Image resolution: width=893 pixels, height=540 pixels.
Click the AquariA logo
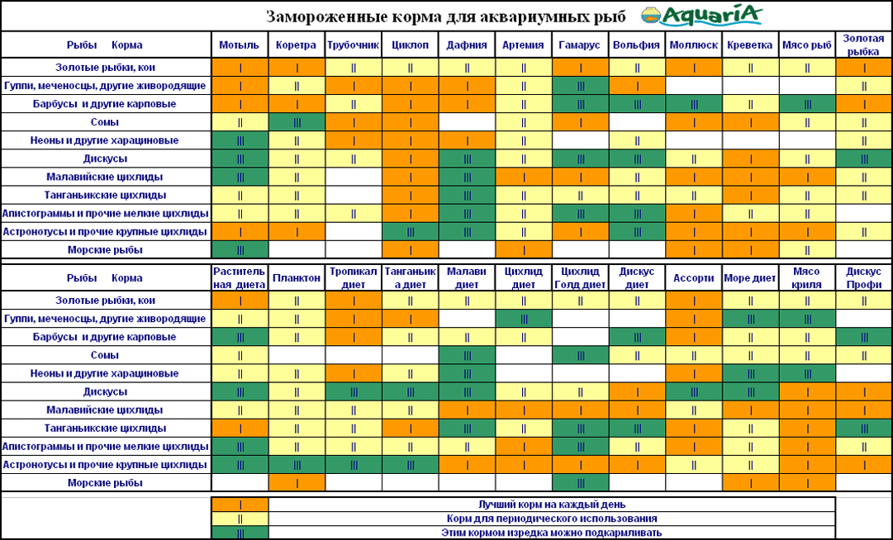(x=701, y=16)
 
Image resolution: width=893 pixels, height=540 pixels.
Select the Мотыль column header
(x=240, y=45)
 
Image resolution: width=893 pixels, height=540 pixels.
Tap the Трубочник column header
(x=353, y=45)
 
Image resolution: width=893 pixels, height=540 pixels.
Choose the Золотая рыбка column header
(x=863, y=45)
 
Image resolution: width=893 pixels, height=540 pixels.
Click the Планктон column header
(x=297, y=278)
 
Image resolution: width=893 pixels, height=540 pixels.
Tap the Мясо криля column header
(x=806, y=278)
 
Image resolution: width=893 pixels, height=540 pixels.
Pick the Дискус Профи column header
(x=863, y=278)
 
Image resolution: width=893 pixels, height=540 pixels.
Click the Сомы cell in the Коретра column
(x=297, y=122)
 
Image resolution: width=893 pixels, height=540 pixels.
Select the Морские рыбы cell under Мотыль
(x=240, y=249)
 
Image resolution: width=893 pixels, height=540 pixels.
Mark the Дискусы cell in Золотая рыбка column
(x=863, y=159)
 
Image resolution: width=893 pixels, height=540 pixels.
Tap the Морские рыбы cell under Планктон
(x=297, y=482)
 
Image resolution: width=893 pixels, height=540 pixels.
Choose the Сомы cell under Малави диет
(x=467, y=355)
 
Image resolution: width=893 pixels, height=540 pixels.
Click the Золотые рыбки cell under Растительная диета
(x=240, y=301)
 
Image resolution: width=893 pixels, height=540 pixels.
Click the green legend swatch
(x=240, y=533)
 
